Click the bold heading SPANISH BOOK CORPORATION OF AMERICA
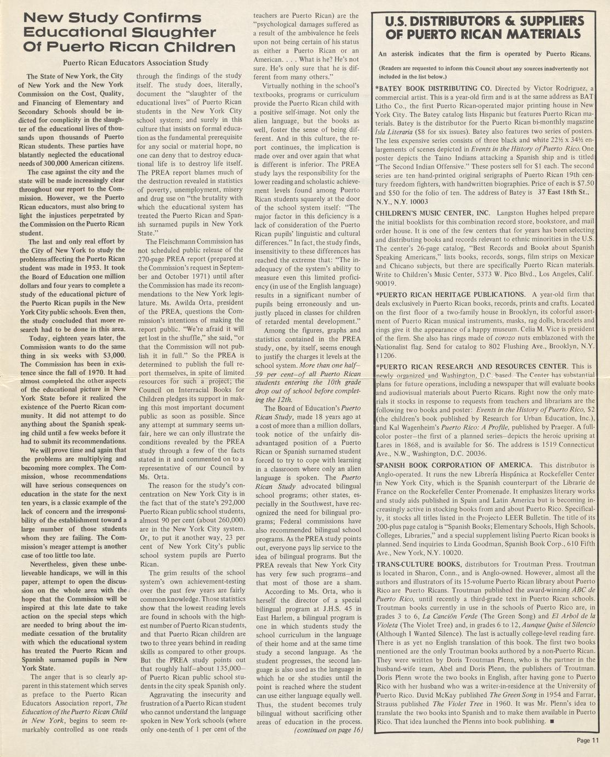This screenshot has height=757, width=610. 454,465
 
